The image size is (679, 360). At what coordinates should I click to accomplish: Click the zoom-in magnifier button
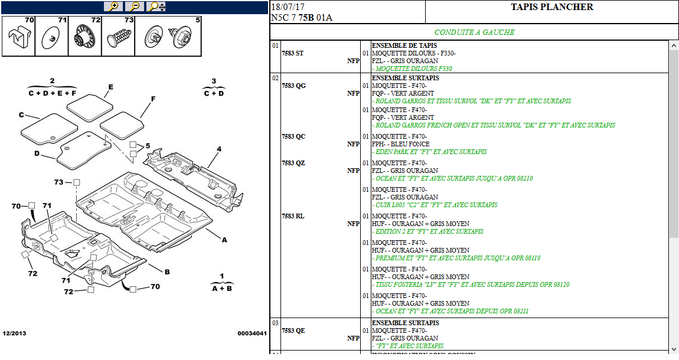113,6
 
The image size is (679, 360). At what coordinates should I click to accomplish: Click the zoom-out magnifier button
135,6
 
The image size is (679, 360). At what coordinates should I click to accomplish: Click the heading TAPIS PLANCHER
551,7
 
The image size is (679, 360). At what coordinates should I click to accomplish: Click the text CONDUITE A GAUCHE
474,32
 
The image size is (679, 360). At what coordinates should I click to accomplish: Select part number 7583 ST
293,53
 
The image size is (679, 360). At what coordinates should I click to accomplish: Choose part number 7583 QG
293,86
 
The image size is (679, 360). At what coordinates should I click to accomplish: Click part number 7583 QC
293,136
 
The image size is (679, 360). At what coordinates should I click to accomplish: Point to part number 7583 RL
293,216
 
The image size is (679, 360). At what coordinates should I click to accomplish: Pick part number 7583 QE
293,330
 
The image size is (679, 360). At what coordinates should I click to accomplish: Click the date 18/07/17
288,7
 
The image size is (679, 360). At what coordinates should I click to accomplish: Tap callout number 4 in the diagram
218,149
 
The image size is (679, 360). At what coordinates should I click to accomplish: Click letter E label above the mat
110,86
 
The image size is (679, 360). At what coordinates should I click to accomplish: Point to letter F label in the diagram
152,99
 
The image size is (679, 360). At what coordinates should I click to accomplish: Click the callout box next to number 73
76,182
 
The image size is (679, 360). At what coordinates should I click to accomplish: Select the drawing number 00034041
252,333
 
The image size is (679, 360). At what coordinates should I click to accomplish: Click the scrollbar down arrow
674,349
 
